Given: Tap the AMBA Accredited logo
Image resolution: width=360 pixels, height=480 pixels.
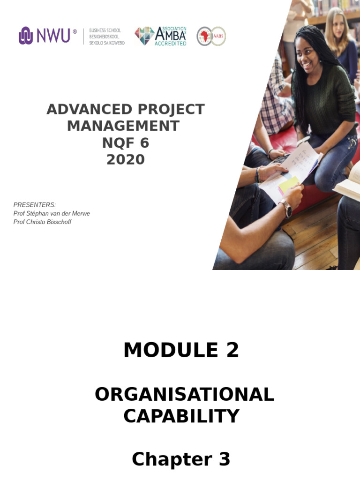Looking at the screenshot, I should [161, 36].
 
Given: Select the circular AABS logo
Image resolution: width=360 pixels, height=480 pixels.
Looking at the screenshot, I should [211, 36].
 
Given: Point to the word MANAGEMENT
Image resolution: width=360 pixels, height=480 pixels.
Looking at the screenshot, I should [123, 126].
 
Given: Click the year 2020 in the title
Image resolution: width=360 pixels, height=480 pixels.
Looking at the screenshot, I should [125, 160].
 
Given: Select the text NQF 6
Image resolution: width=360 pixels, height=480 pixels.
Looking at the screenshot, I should [125, 143].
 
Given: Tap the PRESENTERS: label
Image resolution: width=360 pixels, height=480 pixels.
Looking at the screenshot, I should [35, 205].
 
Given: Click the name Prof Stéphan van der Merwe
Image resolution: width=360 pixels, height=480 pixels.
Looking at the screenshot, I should [52, 214].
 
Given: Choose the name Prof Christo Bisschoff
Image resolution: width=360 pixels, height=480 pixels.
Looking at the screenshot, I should [42, 222].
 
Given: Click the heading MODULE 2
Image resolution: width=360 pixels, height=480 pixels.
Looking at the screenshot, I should [181, 350].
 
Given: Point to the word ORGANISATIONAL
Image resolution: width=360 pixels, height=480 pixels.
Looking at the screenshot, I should [184, 395].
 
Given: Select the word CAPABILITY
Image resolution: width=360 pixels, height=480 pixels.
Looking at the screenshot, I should [181, 416].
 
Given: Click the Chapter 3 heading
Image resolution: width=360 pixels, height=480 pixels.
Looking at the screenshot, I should [181, 459].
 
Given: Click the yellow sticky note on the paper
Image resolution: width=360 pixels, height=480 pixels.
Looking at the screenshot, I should [289, 184].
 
